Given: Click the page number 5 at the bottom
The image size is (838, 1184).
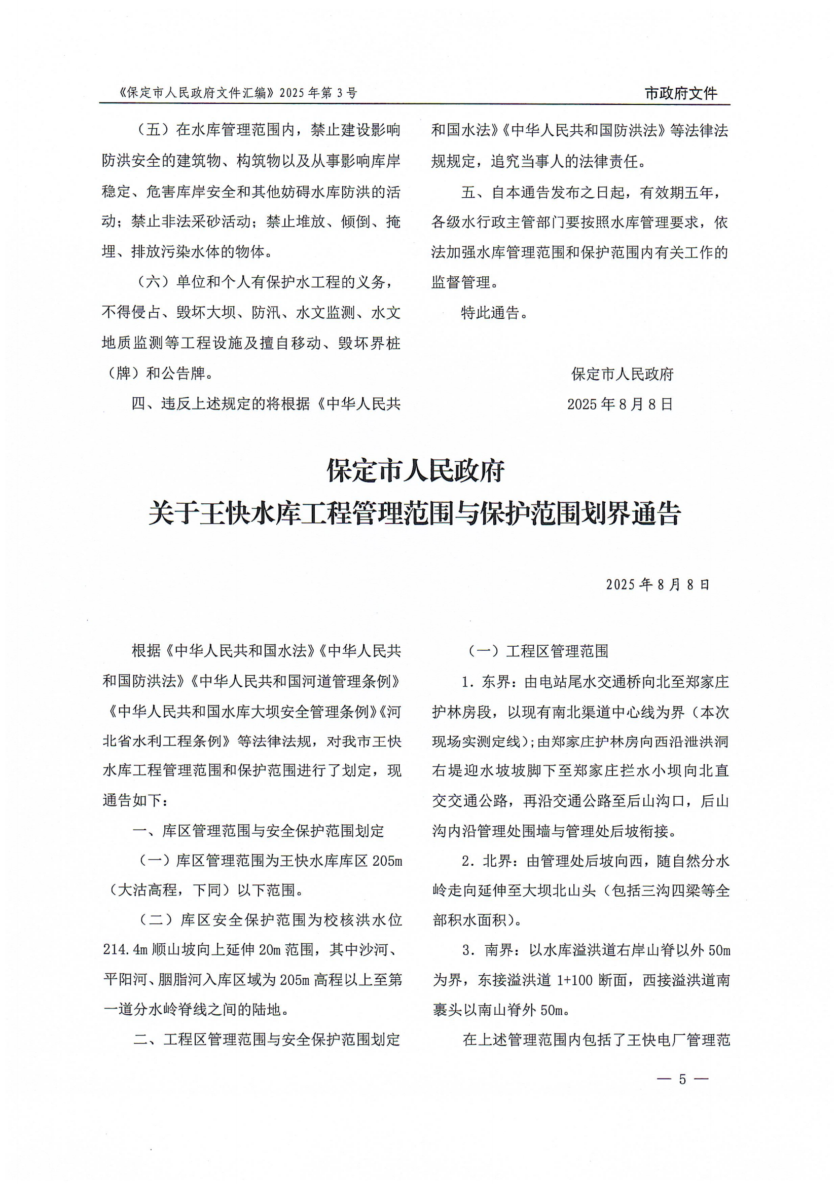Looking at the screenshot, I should [x=682, y=1079].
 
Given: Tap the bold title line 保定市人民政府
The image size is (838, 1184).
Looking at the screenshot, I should [x=416, y=471].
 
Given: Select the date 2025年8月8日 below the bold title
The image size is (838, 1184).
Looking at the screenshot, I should [x=658, y=584].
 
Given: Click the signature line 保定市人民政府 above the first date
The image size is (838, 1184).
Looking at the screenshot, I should [x=623, y=374].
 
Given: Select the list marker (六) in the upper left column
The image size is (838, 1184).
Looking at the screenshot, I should [x=154, y=283].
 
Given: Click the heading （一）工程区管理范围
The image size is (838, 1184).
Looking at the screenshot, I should [x=538, y=651].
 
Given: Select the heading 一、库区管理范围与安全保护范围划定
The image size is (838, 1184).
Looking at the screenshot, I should [x=258, y=831].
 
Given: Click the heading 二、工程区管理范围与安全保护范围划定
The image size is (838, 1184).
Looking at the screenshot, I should [x=266, y=1040].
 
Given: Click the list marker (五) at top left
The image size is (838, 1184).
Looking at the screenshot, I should [x=154, y=130].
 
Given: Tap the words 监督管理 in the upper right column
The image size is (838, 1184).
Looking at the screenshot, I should [x=461, y=283].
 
